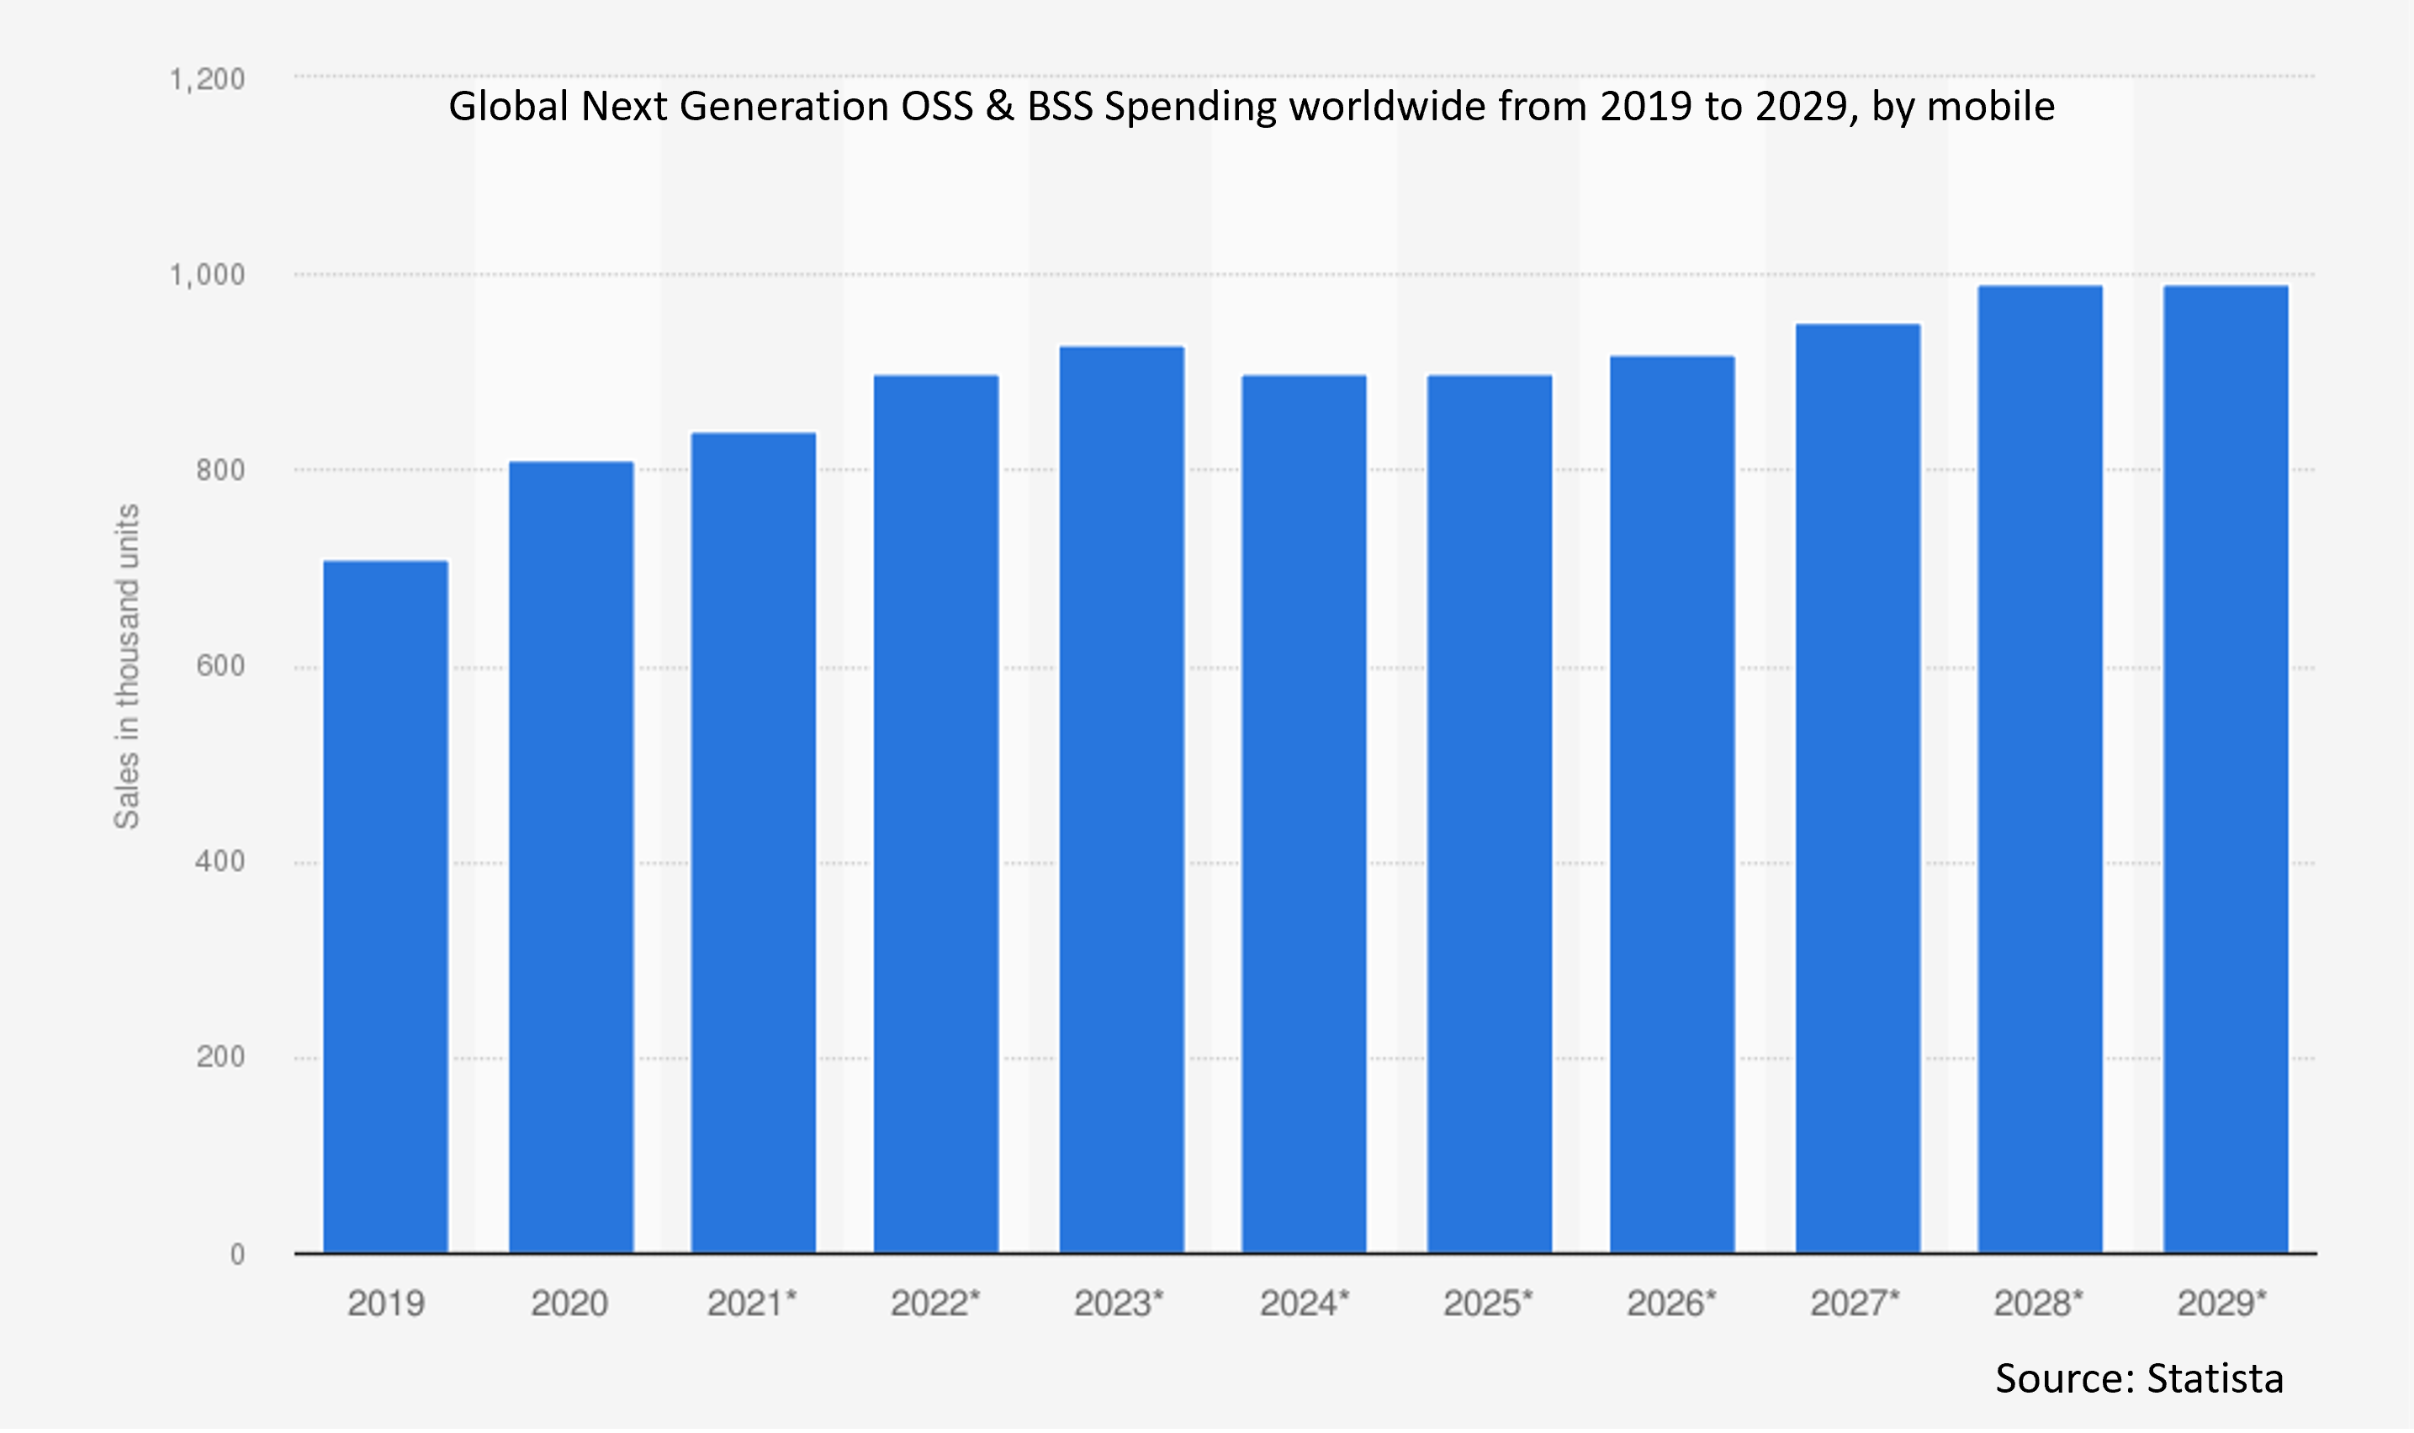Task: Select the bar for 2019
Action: point(385,907)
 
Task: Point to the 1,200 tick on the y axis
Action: point(207,79)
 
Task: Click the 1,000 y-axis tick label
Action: point(207,275)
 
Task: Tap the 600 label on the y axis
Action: point(220,665)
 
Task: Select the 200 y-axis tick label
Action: point(220,1056)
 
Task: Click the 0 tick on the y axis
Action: point(236,1255)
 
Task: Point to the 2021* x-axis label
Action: point(751,1303)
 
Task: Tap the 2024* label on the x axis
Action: point(1304,1303)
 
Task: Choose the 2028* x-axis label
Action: point(2038,1303)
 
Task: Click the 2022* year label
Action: point(934,1303)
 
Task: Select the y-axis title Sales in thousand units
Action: point(126,666)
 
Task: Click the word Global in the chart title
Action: point(508,106)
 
